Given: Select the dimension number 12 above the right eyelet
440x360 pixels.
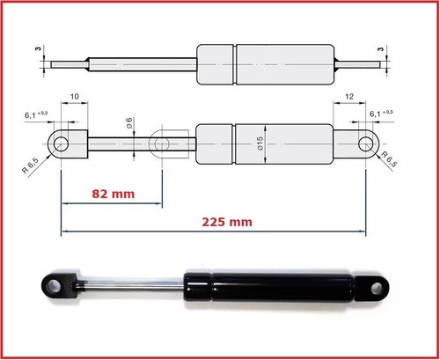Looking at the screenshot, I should click(x=350, y=94).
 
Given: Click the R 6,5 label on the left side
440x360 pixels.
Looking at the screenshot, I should click(x=34, y=164).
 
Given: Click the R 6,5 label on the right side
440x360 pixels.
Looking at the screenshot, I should click(x=392, y=162).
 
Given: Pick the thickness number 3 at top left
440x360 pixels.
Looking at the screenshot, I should click(x=39, y=49).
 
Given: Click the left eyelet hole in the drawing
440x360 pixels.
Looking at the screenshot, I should click(x=61, y=143).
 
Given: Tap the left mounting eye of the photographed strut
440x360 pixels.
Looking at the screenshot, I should click(x=54, y=285).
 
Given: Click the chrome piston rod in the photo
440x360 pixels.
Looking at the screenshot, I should click(x=132, y=285).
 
